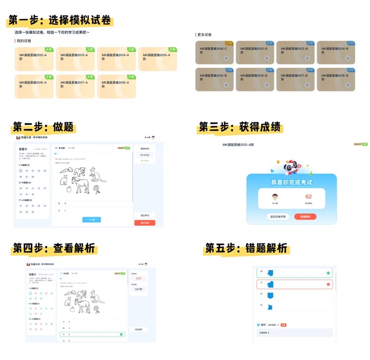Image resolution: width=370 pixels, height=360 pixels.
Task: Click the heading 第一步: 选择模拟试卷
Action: pos(60,21)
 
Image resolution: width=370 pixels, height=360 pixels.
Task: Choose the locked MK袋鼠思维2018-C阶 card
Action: pos(214,52)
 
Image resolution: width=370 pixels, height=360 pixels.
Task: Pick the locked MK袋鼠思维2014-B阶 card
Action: pos(336,52)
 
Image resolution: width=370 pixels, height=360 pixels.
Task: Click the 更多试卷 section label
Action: pos(205,35)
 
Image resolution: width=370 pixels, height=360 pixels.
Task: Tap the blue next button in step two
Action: pos(92,220)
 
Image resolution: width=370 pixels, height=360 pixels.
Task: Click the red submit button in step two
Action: pos(145,223)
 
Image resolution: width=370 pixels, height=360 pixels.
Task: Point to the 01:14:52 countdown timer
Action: pos(145,155)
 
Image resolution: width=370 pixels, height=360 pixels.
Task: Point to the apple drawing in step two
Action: pos(69,190)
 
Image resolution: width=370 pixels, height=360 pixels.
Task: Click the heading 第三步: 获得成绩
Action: pos(240,127)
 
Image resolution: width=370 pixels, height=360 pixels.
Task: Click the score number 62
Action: pos(308,196)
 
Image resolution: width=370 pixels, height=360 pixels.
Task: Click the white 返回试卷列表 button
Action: pos(278,217)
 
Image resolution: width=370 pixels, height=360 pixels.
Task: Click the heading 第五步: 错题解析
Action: pos(246,248)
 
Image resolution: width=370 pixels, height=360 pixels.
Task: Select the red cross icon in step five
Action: pos(328,284)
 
